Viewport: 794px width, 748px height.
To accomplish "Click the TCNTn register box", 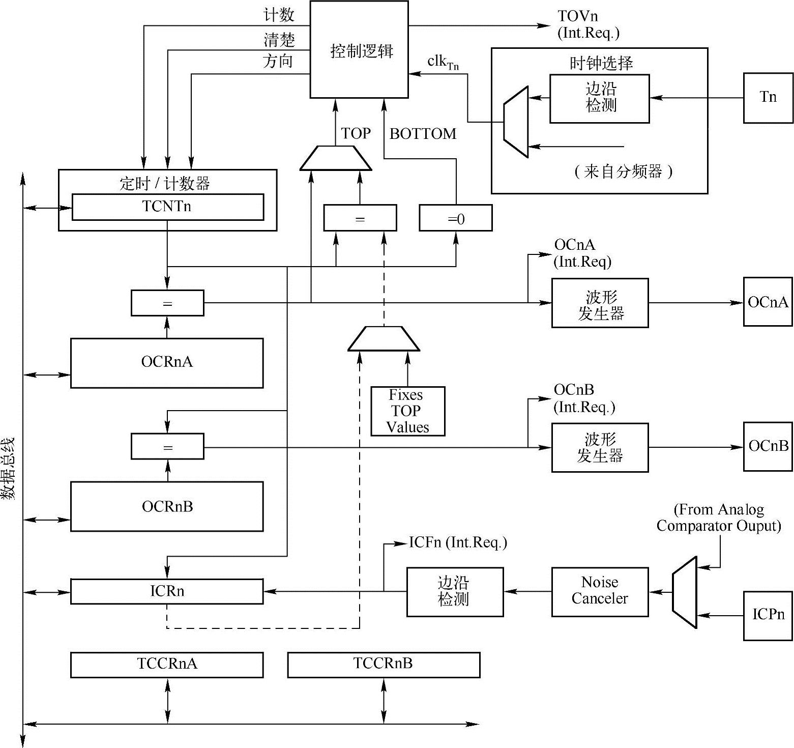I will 167,207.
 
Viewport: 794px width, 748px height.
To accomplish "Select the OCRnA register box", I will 167,363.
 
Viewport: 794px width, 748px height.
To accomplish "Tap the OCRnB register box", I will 167,506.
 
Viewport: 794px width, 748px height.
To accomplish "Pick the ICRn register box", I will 167,591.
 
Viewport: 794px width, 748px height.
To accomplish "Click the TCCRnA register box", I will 167,665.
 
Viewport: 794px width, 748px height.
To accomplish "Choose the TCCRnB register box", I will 384,665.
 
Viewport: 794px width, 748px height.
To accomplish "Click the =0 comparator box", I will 456,218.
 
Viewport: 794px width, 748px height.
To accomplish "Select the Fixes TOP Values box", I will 408,411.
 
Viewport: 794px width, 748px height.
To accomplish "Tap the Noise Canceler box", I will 600,591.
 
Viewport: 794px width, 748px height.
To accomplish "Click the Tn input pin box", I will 768,98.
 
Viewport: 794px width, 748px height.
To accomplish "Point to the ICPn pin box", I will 768,615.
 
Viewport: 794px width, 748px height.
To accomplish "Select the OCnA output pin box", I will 768,302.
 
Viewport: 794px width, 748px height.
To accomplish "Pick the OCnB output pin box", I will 768,446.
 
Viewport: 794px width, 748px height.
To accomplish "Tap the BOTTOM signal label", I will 423,134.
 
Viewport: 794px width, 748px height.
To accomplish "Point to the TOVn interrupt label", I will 578,17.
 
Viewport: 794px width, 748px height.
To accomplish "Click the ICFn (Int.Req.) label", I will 458,542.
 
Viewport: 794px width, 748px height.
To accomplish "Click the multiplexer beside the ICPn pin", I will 685,592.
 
